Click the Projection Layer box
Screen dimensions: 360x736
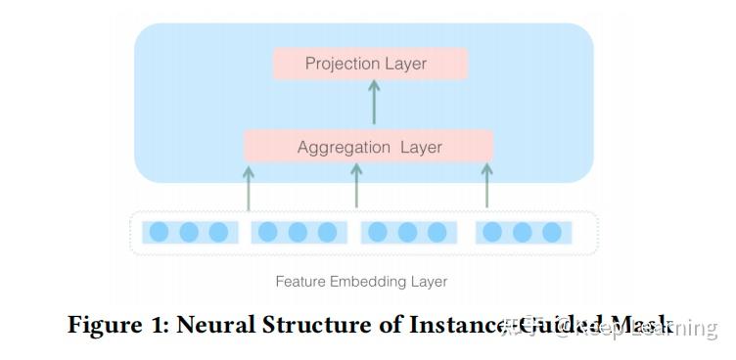[x=371, y=64]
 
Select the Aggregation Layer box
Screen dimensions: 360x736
[x=368, y=147]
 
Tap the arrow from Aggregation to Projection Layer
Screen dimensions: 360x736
[x=373, y=102]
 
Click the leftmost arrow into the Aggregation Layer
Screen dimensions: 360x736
[x=249, y=187]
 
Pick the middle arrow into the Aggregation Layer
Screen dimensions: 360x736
[x=356, y=186]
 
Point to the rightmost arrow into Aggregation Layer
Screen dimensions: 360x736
[x=486, y=186]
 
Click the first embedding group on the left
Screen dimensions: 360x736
[x=189, y=232]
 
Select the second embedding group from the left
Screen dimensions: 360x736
[x=298, y=232]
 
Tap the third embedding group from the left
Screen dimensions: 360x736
[x=407, y=232]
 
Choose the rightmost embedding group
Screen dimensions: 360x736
[x=523, y=232]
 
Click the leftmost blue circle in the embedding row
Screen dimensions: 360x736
[x=160, y=232]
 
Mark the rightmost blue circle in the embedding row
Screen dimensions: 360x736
[x=552, y=232]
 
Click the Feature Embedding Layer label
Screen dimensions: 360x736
[x=361, y=282]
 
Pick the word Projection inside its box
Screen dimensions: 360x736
[x=342, y=64]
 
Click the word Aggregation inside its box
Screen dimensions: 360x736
[x=345, y=147]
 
